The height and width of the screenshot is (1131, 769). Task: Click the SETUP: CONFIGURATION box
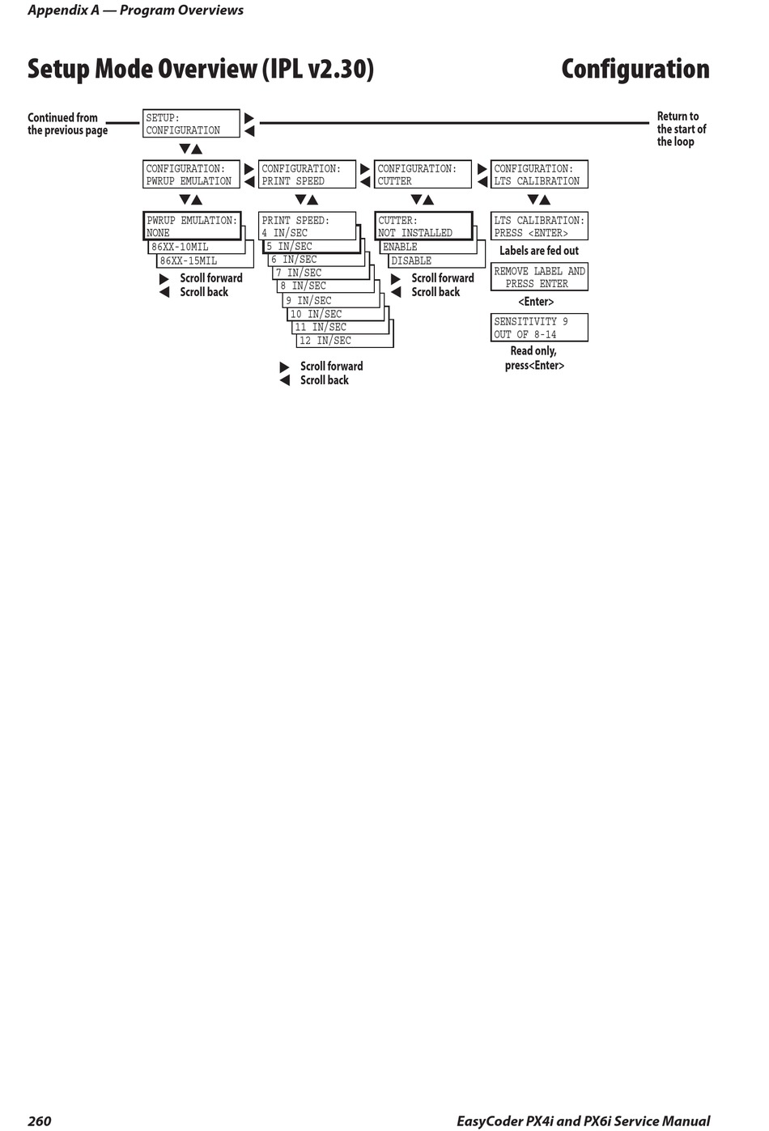[x=191, y=124]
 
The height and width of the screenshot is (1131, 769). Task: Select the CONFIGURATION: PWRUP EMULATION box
[x=191, y=175]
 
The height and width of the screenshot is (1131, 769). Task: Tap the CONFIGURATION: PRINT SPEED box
[x=307, y=175]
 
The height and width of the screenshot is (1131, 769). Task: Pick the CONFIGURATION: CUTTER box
[x=423, y=175]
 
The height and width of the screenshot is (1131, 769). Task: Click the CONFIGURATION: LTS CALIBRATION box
[x=539, y=175]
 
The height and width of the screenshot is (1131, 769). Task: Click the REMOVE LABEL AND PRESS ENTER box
[x=539, y=277]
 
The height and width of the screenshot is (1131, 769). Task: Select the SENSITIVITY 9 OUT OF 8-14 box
[x=539, y=328]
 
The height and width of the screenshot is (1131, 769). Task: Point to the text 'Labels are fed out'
[x=539, y=251]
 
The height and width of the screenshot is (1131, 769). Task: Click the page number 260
[x=39, y=1120]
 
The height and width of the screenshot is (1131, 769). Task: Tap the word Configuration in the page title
[x=635, y=70]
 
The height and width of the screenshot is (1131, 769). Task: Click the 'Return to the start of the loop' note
[x=681, y=129]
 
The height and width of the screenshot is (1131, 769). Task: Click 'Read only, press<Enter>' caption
[x=534, y=358]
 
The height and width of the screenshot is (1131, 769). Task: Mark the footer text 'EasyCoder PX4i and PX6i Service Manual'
[x=583, y=1120]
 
